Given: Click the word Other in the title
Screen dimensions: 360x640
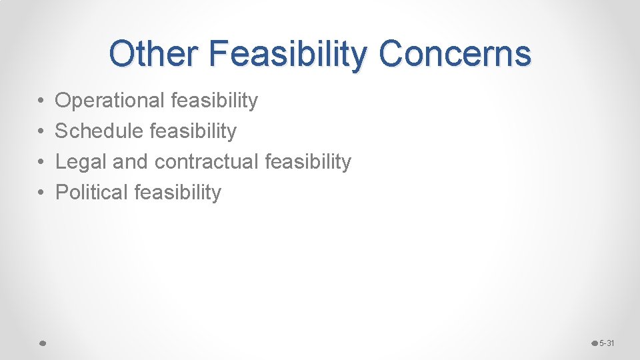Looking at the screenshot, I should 153,53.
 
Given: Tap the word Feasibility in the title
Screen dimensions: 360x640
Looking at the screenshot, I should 287,53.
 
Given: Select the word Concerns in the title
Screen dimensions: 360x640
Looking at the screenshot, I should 455,53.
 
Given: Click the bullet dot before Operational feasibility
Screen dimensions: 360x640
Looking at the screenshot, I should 41,101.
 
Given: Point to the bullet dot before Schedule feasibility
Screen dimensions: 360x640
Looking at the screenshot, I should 41,132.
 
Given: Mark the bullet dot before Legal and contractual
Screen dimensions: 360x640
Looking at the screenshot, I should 41,162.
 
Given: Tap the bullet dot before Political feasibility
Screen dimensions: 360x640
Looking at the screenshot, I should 41,193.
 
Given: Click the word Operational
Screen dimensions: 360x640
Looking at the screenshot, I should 109,101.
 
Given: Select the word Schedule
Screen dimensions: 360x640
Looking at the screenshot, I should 99,131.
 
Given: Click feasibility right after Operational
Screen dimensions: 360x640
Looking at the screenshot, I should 214,101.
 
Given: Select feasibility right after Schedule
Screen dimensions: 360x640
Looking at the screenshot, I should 193,131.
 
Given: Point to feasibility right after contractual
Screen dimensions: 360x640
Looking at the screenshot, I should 307,162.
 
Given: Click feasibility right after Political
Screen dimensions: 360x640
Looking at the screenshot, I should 178,193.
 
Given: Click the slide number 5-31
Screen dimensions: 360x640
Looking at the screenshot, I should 607,343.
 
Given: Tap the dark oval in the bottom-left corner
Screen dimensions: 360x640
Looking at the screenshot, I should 41,343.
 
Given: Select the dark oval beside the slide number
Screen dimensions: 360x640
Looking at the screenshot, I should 595,343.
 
